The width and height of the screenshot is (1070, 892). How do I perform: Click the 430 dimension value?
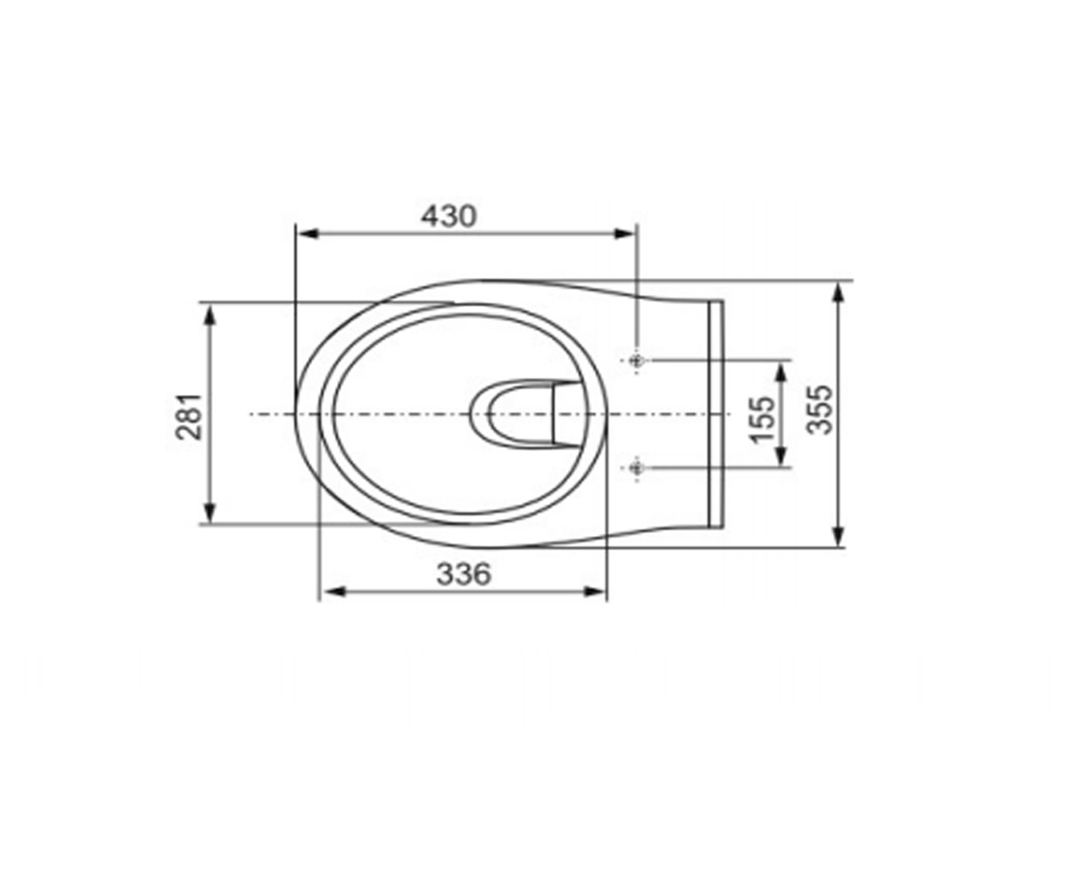coord(449,216)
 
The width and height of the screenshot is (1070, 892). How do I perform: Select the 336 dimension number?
coord(464,574)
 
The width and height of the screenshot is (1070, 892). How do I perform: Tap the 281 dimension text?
coord(188,417)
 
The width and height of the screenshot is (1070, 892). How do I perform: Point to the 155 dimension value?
coord(761,418)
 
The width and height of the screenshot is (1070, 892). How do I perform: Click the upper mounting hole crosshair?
coord(637,360)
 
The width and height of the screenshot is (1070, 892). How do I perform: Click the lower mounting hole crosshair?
coord(637,467)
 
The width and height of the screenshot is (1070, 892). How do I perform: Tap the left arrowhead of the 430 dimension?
coord(309,235)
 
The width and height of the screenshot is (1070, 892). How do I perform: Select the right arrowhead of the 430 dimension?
coord(625,235)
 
